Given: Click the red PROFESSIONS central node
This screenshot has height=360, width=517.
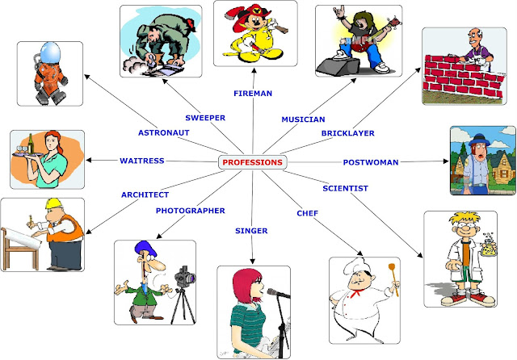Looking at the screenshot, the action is pyautogui.click(x=252, y=162).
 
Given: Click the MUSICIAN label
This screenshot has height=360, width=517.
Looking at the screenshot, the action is pyautogui.click(x=303, y=119).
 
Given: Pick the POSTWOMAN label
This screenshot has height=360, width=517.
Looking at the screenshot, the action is pyautogui.click(x=371, y=162).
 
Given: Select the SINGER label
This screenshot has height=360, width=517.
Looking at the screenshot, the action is pyautogui.click(x=251, y=231).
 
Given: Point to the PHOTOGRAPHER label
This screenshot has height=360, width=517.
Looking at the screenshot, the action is pyautogui.click(x=190, y=211).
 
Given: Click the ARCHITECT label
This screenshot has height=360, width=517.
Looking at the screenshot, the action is pyautogui.click(x=145, y=195).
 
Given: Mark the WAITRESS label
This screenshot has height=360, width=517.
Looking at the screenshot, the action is pyautogui.click(x=141, y=161).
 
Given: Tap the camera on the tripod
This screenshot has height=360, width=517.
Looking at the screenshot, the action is pyautogui.click(x=185, y=277).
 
